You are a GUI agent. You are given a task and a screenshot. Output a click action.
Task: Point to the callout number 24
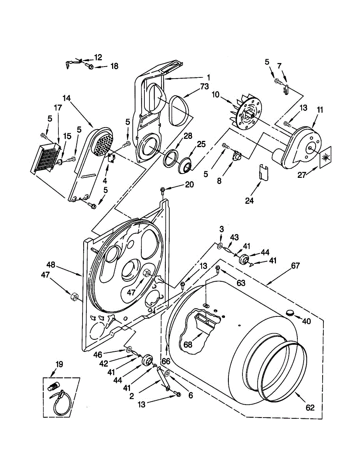(249, 200)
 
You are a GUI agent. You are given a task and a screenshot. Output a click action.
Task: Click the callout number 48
(51, 264)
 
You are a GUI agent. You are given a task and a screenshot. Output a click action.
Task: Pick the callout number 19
(59, 365)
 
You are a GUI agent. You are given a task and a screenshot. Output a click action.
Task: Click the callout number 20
(189, 185)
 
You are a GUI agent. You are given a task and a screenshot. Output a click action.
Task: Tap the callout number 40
(307, 321)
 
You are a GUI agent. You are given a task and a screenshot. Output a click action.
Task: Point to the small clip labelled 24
(263, 172)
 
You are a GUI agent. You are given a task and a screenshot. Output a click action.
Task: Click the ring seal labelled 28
(169, 160)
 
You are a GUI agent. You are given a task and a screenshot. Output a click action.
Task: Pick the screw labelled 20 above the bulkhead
(163, 190)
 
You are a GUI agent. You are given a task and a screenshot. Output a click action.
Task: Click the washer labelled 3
(220, 246)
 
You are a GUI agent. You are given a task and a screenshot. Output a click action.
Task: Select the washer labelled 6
(167, 374)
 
